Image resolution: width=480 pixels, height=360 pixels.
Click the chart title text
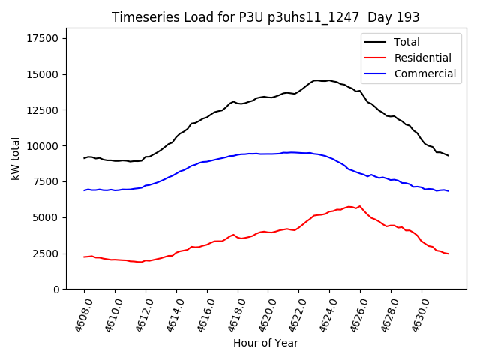(265, 17)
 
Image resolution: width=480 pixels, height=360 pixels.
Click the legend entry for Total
(406, 42)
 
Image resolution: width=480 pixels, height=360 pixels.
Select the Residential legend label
(422, 58)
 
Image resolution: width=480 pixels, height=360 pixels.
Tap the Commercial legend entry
(424, 73)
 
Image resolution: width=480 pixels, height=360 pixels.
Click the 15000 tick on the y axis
(42, 74)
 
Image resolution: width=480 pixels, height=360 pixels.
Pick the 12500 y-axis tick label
(42, 110)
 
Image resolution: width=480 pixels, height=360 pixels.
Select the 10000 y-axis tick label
(42, 146)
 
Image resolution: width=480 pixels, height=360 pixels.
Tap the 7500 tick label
(45, 182)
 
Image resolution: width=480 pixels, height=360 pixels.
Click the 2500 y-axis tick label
(45, 253)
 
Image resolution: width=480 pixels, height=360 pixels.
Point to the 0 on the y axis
(56, 289)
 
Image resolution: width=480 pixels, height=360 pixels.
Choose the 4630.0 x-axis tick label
(414, 313)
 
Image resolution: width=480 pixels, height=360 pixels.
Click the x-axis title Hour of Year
(265, 343)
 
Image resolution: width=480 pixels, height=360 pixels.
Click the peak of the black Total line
(316, 80)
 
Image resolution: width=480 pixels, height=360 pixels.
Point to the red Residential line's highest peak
(360, 205)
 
